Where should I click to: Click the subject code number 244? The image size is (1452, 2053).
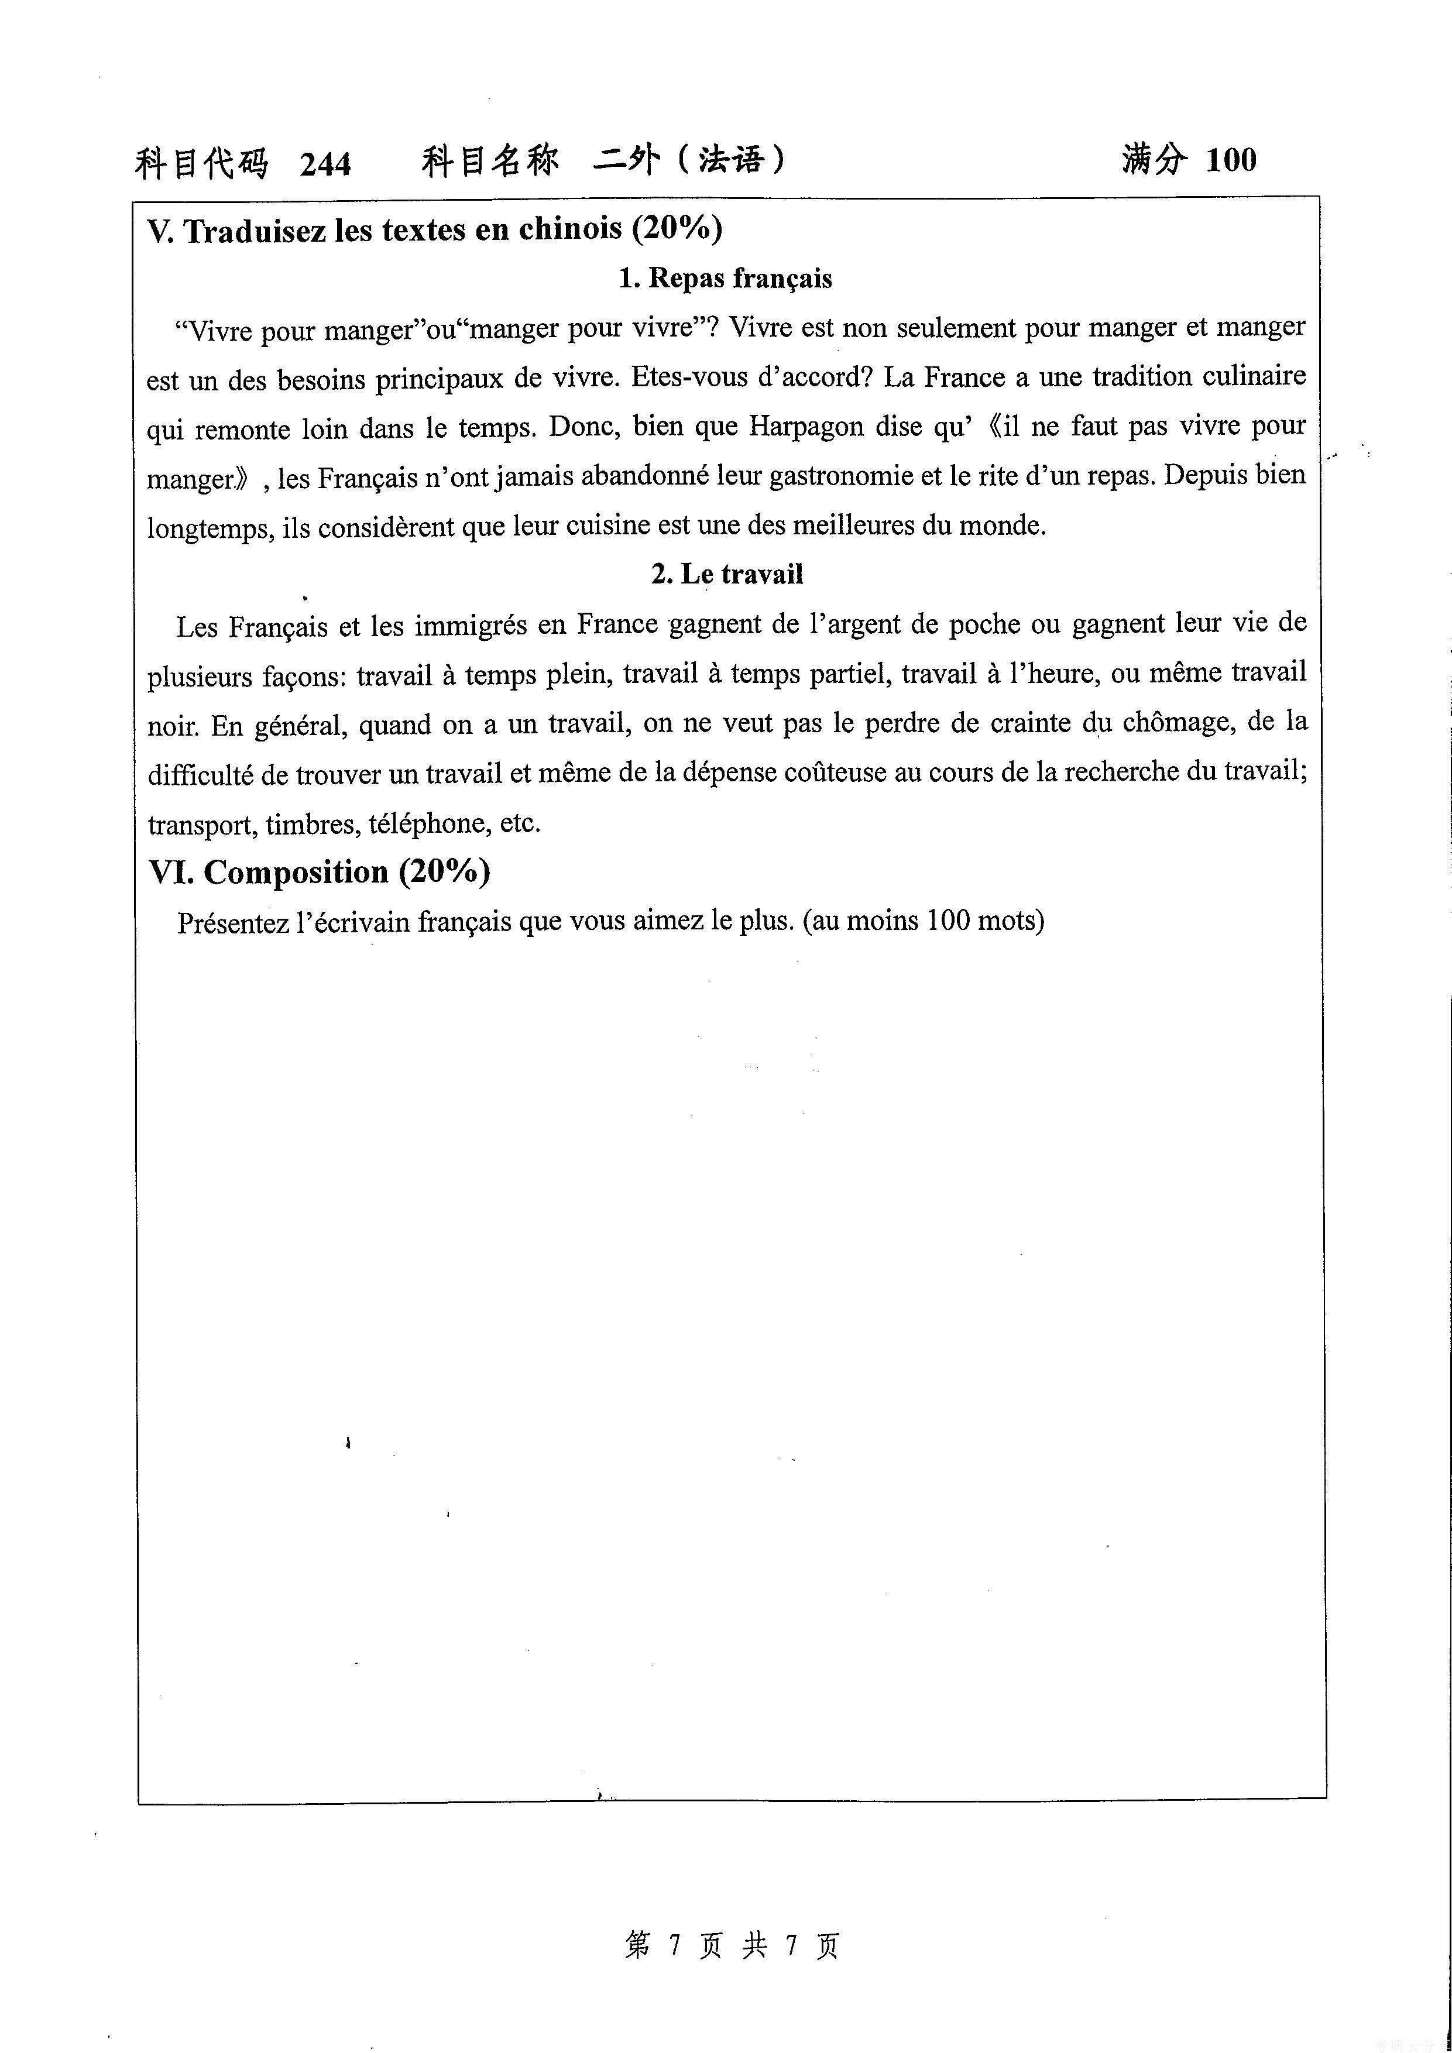point(325,164)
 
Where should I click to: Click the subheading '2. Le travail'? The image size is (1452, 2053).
point(726,574)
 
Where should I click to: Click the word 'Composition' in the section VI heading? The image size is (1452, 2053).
point(296,872)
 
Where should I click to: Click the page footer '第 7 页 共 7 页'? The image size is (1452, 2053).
point(732,1945)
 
